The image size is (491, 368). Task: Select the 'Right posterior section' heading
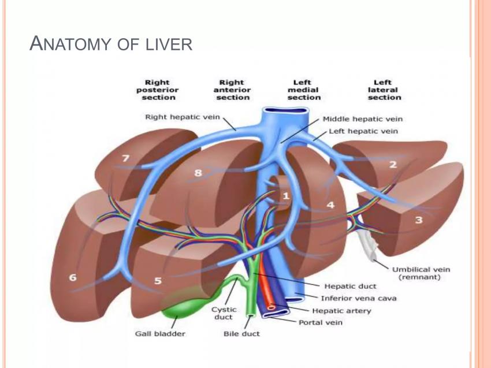(x=157, y=90)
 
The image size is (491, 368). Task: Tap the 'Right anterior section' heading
(x=232, y=90)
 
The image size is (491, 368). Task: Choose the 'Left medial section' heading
(x=303, y=90)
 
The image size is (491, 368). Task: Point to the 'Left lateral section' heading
(x=384, y=90)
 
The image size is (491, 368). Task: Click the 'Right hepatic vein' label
(x=182, y=117)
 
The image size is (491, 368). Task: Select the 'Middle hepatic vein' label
(x=362, y=119)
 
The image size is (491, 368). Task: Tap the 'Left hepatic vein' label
(x=363, y=131)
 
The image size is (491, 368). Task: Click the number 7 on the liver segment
(x=125, y=158)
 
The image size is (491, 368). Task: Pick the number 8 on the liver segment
(x=199, y=172)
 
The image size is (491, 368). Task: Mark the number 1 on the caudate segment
(x=285, y=196)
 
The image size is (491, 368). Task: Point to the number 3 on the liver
(x=419, y=220)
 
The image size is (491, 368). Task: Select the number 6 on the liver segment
(x=73, y=277)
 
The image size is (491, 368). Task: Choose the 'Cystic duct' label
(x=224, y=314)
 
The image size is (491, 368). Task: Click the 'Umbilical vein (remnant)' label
(x=421, y=273)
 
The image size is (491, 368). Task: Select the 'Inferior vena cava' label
(x=359, y=299)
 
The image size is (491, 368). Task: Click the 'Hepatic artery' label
(x=346, y=311)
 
